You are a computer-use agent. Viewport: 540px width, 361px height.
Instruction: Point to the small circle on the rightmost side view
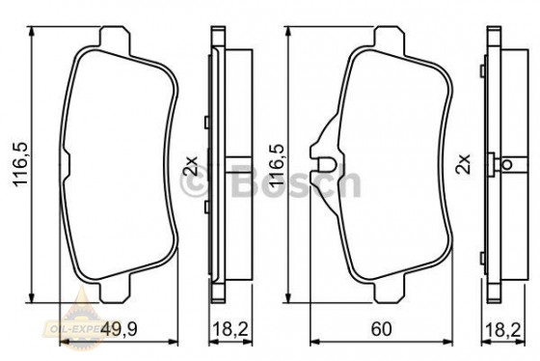point(507,165)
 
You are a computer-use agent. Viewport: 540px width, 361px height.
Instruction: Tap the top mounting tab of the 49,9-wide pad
point(115,40)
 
